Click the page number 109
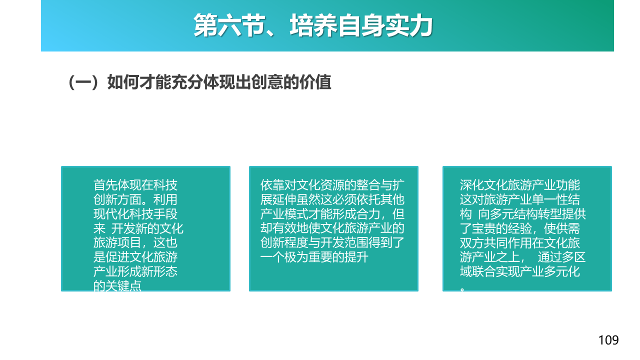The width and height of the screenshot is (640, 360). coord(608,340)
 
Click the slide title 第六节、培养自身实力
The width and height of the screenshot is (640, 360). coord(313,25)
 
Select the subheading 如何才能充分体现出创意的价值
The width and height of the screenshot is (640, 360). coord(219,82)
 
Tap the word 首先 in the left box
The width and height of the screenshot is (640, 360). coord(105,185)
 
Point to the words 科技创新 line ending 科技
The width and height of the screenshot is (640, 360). coord(165,185)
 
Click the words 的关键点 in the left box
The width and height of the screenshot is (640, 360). coord(117,285)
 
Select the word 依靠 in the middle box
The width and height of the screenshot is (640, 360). coord(272,185)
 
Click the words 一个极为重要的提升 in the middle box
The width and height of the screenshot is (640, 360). coord(314,257)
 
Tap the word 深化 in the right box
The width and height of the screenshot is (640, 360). coord(472,185)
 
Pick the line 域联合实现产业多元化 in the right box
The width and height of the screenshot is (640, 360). coord(520,271)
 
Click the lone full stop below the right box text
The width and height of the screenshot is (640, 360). coord(462,289)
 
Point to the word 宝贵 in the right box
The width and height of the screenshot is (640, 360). coord(484,228)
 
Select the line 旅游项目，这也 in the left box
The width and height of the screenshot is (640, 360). coord(135,242)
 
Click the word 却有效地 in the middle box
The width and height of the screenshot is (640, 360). coord(284,228)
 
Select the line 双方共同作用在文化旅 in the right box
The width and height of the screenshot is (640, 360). coord(520,242)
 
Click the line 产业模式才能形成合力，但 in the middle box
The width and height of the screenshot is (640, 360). coord(332,214)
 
